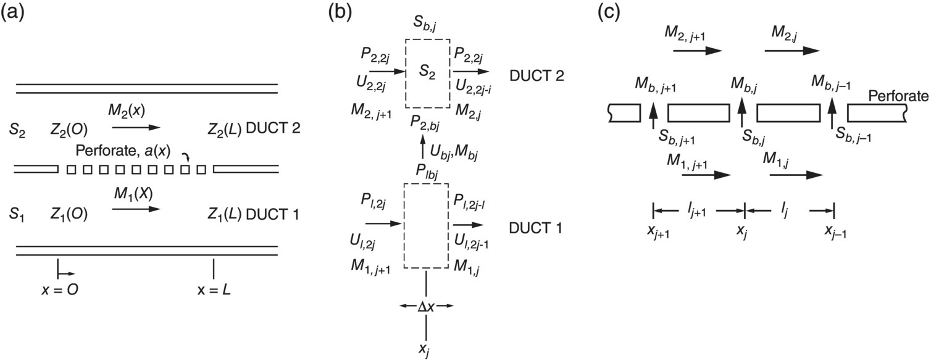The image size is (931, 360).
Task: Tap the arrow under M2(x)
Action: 136,128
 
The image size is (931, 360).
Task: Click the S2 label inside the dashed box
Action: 427,73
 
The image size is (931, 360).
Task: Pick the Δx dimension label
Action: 427,306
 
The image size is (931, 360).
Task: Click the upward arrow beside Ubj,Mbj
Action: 423,149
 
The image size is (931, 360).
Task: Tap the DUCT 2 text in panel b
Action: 536,76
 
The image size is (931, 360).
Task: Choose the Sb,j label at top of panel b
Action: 425,25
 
